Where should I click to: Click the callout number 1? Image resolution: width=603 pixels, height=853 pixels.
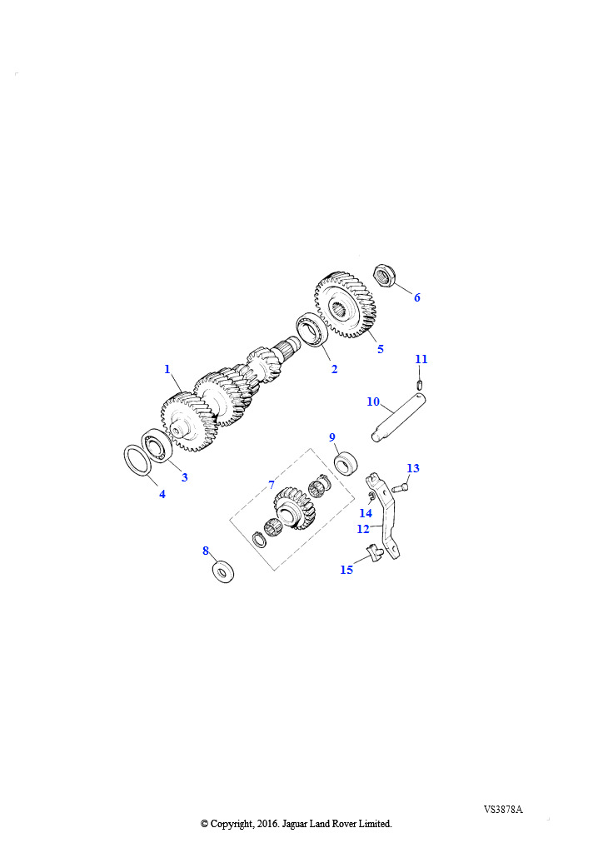click(167, 369)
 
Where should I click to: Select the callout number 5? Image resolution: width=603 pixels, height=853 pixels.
click(381, 349)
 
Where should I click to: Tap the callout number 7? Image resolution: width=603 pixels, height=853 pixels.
click(272, 484)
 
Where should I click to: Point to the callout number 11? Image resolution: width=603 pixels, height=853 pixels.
click(421, 359)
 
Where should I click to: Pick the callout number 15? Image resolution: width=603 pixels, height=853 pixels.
click(347, 570)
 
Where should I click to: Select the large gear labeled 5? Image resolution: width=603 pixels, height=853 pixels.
click(346, 305)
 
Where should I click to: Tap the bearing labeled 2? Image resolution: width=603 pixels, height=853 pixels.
click(311, 329)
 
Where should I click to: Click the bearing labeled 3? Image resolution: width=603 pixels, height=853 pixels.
click(157, 444)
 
